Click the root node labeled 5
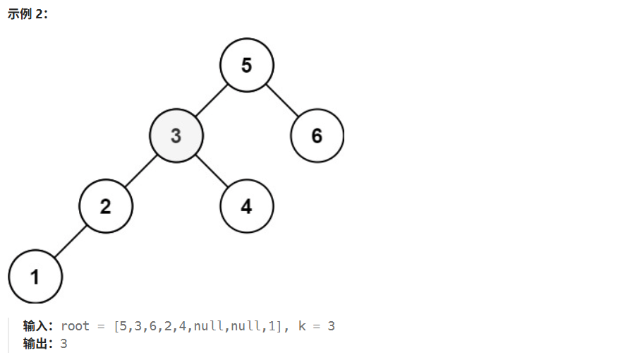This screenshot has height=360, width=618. (x=246, y=65)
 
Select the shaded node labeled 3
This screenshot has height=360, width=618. (x=176, y=135)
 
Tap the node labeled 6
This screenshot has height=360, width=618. (x=317, y=135)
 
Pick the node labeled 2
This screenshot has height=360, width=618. (x=105, y=206)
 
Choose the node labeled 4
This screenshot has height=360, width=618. (x=246, y=206)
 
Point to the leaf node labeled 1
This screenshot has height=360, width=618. (x=35, y=277)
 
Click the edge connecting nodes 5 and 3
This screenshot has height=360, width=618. (x=211, y=100)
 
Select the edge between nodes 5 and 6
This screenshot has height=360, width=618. (x=281, y=100)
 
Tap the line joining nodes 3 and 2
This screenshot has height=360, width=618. (x=140, y=171)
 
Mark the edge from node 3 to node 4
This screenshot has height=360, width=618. (x=211, y=171)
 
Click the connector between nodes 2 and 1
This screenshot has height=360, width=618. (x=70, y=241)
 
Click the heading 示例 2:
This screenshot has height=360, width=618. (x=28, y=15)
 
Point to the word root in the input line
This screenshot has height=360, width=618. (x=75, y=326)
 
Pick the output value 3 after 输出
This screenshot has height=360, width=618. (x=63, y=344)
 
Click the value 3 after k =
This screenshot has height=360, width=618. (x=331, y=326)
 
